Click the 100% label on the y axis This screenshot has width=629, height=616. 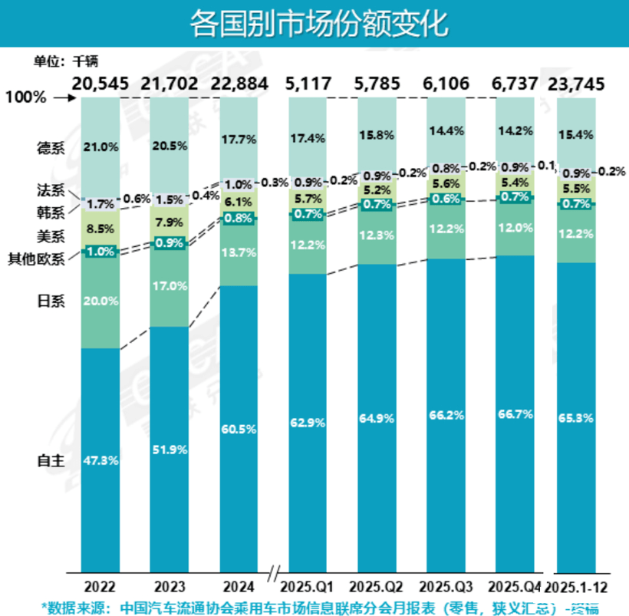25,98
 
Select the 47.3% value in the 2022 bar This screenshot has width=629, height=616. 100,460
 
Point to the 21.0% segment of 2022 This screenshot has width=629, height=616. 100,147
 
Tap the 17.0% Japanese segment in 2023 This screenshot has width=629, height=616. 170,285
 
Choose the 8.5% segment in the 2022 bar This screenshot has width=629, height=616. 100,228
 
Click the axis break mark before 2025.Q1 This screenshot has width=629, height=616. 274,572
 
